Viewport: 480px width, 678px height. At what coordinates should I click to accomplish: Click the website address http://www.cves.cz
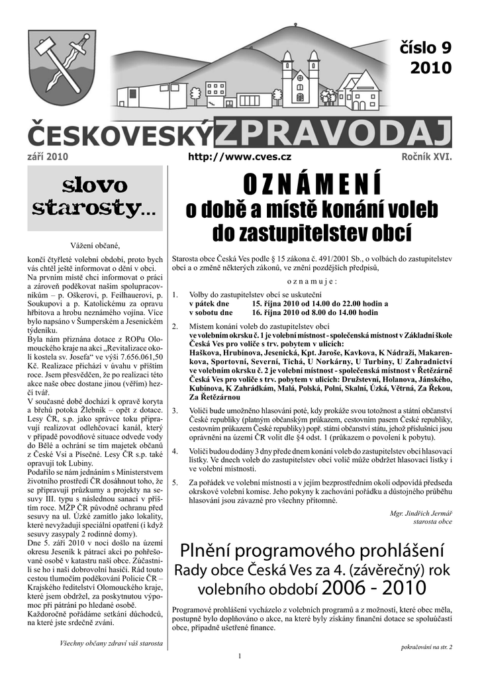pyautogui.click(x=240, y=156)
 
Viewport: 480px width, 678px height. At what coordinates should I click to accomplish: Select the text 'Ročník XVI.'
pyautogui.click(x=426, y=156)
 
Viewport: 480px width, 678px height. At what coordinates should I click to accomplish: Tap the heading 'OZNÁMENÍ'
pyautogui.click(x=311, y=182)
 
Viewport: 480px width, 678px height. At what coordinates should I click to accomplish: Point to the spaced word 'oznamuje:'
pyautogui.click(x=312, y=281)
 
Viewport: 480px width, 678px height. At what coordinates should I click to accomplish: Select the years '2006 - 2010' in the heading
pyautogui.click(x=375, y=587)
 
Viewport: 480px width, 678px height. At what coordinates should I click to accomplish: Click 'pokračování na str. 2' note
pyautogui.click(x=426, y=646)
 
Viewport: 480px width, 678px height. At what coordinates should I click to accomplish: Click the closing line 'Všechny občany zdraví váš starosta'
pyautogui.click(x=111, y=642)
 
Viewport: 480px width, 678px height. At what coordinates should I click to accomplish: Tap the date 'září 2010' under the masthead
pyautogui.click(x=48, y=156)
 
